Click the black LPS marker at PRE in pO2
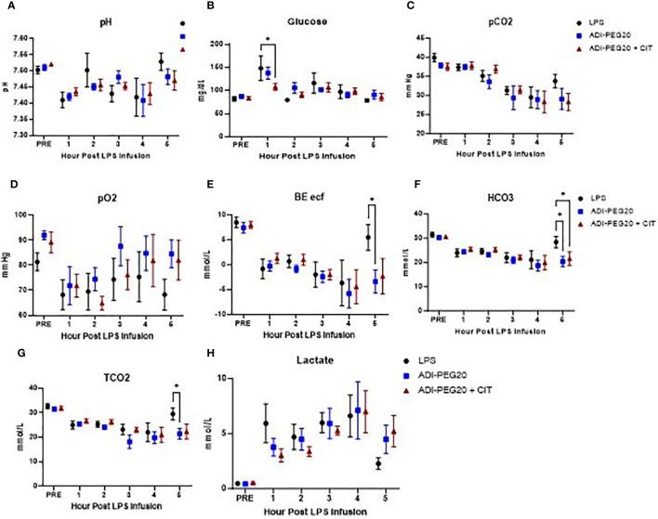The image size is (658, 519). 62,262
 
